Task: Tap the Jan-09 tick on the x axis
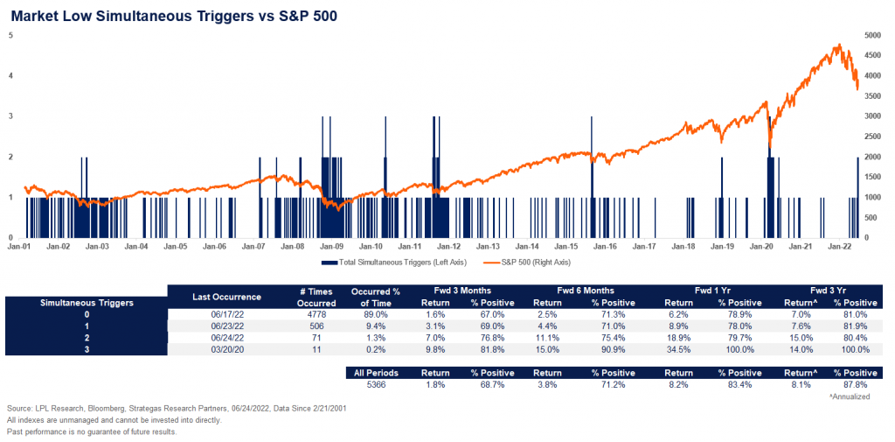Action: pos(332,247)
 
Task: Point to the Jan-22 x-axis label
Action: pos(841,247)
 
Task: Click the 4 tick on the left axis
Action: pos(10,76)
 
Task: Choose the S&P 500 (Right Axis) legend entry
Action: pos(529,263)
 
